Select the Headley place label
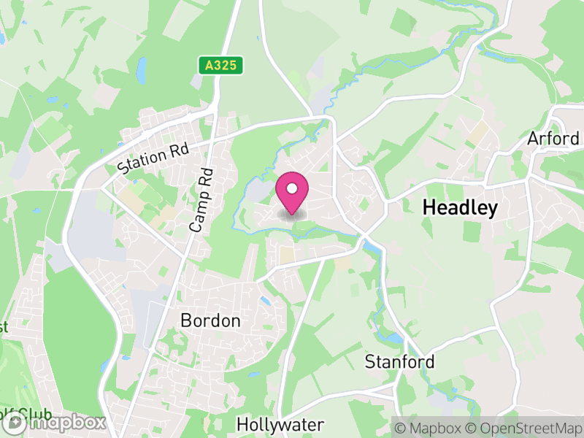click(x=460, y=208)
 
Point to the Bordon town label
click(x=210, y=320)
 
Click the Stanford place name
click(x=399, y=361)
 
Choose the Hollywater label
click(x=280, y=424)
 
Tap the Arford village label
click(x=554, y=138)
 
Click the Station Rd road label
click(x=153, y=157)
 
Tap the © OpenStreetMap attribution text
click(x=526, y=426)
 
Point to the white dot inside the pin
click(x=292, y=189)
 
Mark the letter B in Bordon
click(x=185, y=320)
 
